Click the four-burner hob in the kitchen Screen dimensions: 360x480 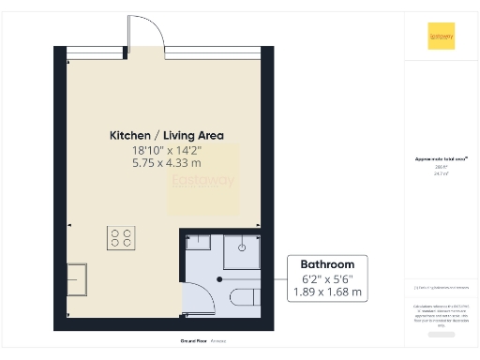[121, 237]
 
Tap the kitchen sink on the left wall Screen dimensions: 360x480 [78, 277]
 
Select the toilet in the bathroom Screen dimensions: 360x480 [246, 298]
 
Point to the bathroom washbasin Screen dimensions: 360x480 [198, 245]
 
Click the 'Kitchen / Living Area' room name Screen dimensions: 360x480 [167, 135]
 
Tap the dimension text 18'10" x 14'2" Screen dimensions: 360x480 [167, 148]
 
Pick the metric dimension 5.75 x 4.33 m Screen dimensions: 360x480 [167, 161]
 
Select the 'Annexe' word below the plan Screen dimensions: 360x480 [219, 341]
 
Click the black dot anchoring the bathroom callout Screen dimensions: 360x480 [220, 278]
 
